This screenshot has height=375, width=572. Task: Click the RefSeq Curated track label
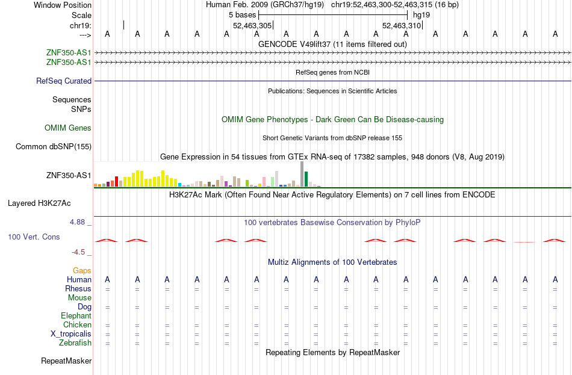click(64, 81)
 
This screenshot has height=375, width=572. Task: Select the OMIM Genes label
click(68, 128)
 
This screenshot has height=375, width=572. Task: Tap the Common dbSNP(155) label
click(54, 147)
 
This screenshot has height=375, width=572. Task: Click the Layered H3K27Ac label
click(39, 203)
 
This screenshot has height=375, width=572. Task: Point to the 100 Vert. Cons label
click(34, 237)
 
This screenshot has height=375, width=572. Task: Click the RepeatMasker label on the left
click(66, 361)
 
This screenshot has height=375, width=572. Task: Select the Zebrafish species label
click(75, 343)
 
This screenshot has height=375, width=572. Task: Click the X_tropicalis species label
click(71, 334)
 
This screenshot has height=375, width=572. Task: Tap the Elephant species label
click(76, 315)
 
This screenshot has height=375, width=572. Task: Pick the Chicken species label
click(77, 324)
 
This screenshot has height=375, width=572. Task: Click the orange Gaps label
click(82, 270)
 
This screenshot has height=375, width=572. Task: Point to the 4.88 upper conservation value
click(77, 222)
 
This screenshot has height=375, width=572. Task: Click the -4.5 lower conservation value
click(78, 252)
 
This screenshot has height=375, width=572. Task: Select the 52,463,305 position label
click(252, 25)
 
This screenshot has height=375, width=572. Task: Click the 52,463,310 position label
click(402, 25)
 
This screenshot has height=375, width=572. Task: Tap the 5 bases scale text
click(242, 15)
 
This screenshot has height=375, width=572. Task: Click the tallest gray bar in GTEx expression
click(302, 174)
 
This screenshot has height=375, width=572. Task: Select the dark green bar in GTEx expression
click(306, 179)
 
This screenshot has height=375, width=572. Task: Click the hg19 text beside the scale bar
click(421, 15)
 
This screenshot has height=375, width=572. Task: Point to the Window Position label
click(63, 5)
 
